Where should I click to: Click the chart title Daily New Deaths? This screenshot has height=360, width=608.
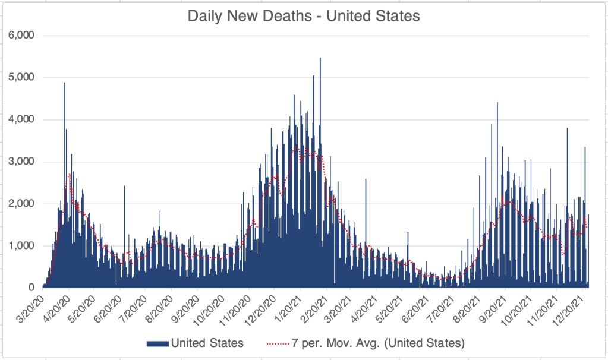(304, 16)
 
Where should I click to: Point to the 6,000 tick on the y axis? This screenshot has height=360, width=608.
(23, 35)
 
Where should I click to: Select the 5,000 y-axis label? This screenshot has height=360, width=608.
(23, 77)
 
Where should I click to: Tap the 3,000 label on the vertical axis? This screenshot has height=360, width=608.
(23, 162)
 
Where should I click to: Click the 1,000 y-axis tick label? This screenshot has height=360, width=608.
(23, 246)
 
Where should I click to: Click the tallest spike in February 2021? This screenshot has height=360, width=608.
(320, 59)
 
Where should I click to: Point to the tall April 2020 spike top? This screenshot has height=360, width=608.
(65, 83)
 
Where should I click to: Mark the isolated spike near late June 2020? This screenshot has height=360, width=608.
(125, 187)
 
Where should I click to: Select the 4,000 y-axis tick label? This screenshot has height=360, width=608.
(23, 119)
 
